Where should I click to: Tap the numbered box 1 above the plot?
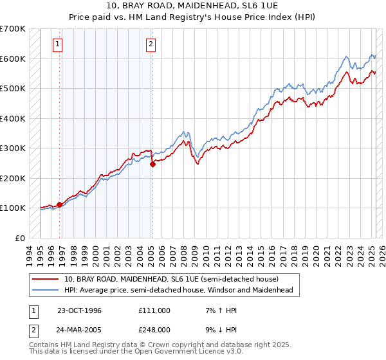click(x=58, y=44)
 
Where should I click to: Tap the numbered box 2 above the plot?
click(x=151, y=44)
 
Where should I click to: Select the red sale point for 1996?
click(x=60, y=204)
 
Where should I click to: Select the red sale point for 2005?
click(x=152, y=164)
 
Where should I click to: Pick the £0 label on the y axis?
click(x=21, y=238)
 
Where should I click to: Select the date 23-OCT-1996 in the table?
click(x=80, y=310)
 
